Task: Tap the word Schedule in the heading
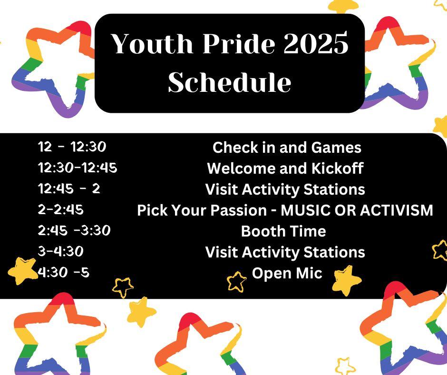point(230,82)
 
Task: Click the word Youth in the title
point(152,43)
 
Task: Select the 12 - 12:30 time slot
point(72,147)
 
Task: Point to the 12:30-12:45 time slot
point(78,168)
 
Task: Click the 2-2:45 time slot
point(61,209)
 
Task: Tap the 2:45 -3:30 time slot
point(74,230)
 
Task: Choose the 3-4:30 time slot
point(61,251)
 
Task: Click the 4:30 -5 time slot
point(64,272)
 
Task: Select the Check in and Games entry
point(287,148)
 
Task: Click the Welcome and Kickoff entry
point(285,168)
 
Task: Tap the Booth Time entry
point(283,231)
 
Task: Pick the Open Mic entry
point(287,273)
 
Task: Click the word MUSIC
point(305,210)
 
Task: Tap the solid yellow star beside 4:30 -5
point(22,271)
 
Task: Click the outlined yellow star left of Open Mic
point(237,282)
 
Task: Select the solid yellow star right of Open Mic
point(347,280)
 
